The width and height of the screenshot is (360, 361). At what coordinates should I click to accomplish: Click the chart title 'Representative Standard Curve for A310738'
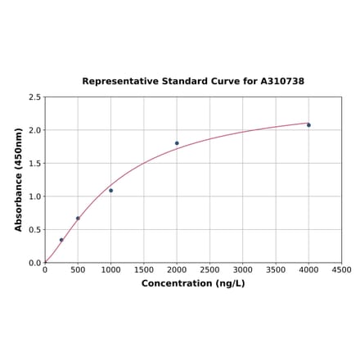(x=193, y=81)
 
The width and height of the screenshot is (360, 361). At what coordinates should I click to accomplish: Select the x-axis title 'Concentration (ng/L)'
(x=193, y=283)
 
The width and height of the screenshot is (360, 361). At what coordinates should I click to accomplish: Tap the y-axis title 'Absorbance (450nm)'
(x=18, y=179)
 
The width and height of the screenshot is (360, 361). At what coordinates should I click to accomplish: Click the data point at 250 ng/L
(x=61, y=240)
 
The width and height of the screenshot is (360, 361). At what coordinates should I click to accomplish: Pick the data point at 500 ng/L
(x=78, y=219)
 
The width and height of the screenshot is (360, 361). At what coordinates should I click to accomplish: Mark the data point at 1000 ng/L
(x=111, y=191)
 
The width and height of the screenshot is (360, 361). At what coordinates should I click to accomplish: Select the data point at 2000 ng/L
(x=177, y=143)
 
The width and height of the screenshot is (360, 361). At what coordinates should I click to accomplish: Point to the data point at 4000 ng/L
(x=308, y=125)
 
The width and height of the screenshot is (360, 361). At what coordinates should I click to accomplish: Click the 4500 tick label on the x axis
(x=341, y=269)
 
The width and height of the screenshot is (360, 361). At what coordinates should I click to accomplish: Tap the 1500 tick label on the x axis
(x=144, y=269)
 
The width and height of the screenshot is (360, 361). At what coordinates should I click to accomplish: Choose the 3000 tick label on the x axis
(x=243, y=269)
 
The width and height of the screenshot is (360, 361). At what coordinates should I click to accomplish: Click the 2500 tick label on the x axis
(x=210, y=269)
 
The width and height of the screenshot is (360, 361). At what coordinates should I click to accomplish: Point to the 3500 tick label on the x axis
(x=276, y=269)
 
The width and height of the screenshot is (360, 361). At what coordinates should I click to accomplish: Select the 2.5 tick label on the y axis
(x=35, y=97)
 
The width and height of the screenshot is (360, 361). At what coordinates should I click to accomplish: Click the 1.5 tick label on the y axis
(x=35, y=164)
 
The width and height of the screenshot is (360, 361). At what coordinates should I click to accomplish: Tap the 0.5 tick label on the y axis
(x=35, y=230)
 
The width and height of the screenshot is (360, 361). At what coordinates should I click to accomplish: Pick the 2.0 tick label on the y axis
(x=35, y=130)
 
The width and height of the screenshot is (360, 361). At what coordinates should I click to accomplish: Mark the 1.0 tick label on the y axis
(x=35, y=196)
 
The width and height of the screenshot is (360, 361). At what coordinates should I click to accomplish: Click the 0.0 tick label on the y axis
(x=35, y=263)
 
